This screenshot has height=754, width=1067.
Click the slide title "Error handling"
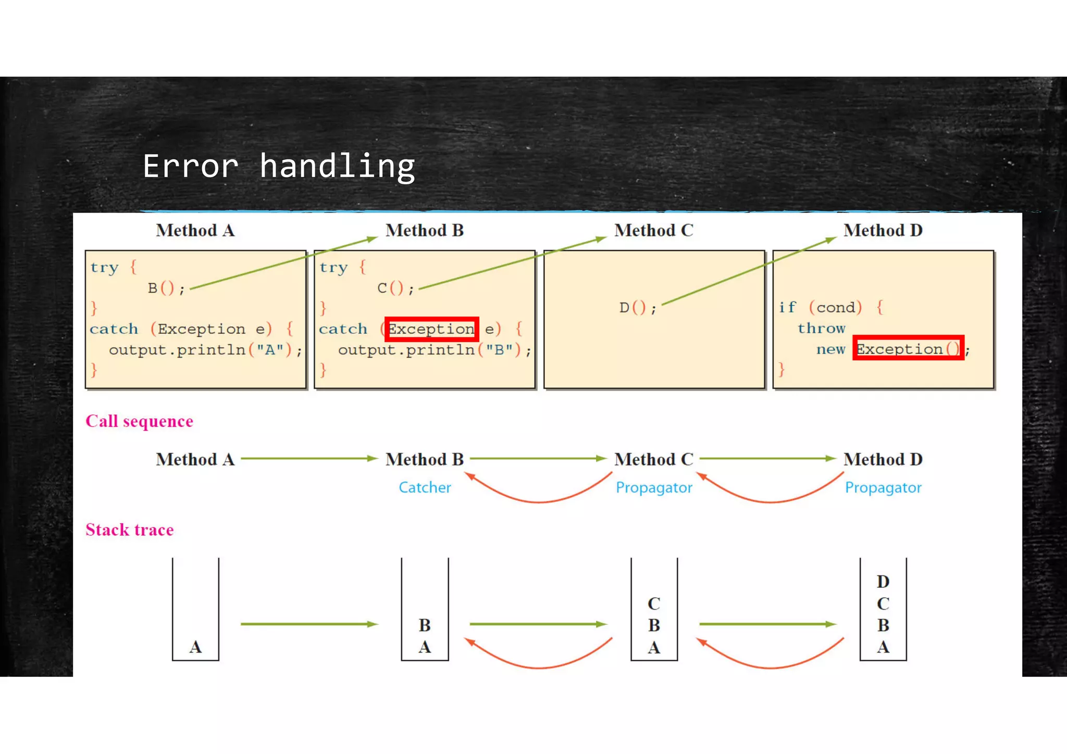279,167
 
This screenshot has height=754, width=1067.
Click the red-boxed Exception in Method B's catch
431,329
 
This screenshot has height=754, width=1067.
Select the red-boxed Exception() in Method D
908,348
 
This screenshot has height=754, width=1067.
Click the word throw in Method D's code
821,328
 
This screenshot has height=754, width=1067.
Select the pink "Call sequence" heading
139,421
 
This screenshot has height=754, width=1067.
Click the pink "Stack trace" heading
130,530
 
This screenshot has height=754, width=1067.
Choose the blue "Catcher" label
425,487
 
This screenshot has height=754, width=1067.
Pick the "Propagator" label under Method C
654,487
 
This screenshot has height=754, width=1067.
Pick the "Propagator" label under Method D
883,487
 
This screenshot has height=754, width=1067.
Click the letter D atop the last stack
883,581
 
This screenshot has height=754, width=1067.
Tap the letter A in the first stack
195,647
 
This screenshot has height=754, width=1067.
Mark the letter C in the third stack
654,604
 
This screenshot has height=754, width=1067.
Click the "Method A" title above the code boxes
195,230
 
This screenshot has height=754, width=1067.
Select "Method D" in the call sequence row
883,459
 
